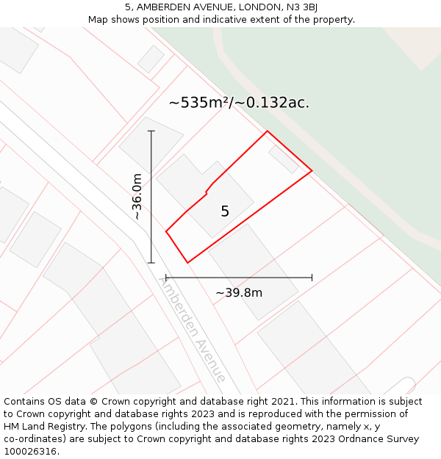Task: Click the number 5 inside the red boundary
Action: pyautogui.click(x=225, y=212)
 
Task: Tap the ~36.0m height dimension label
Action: pyautogui.click(x=137, y=196)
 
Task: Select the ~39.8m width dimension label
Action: pyautogui.click(x=239, y=293)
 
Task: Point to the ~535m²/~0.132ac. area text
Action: pyautogui.click(x=239, y=103)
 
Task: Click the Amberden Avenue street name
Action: pyautogui.click(x=192, y=329)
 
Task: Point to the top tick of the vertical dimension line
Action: pyautogui.click(x=151, y=131)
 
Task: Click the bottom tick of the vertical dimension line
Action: pyautogui.click(x=151, y=262)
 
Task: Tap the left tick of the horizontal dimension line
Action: pyautogui.click(x=166, y=278)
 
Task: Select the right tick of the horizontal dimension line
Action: pyautogui.click(x=312, y=278)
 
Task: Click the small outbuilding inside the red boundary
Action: pyautogui.click(x=283, y=159)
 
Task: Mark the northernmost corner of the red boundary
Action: pyautogui.click(x=267, y=131)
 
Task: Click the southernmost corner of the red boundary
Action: pyautogui.click(x=187, y=262)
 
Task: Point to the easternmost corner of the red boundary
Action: pyautogui.click(x=312, y=171)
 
